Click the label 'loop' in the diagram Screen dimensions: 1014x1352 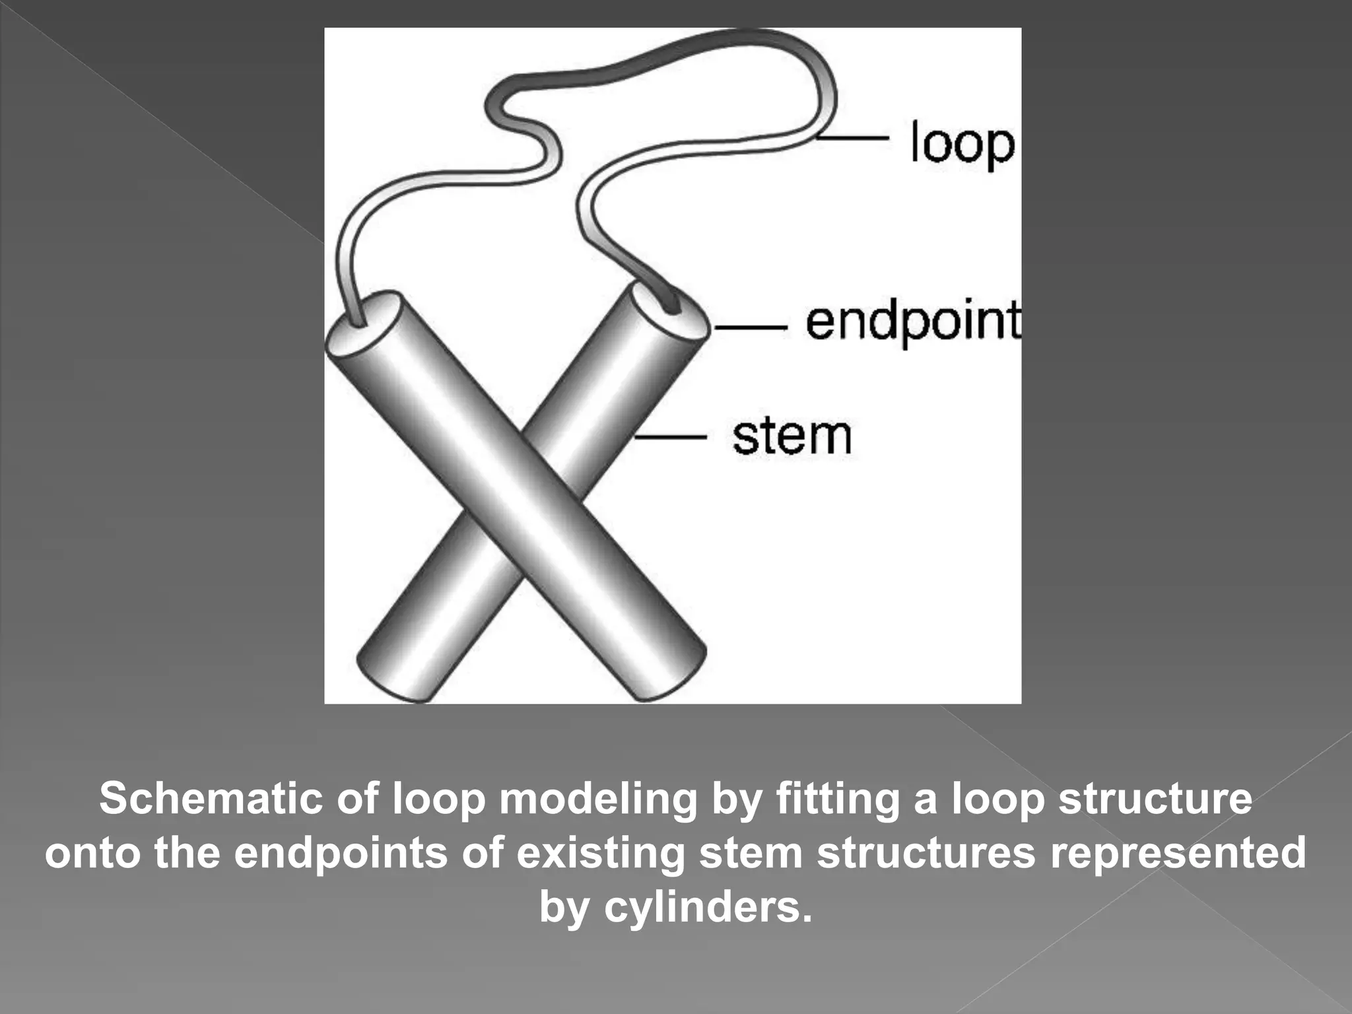pos(961,144)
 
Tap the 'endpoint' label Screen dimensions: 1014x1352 pos(913,323)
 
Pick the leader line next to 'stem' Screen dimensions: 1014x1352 pos(670,436)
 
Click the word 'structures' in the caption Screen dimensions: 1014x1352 pos(926,853)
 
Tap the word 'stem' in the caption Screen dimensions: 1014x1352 pos(751,853)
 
